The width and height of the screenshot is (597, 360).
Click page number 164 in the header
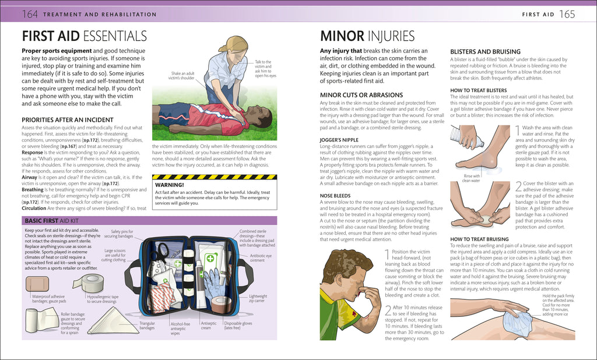pyautogui.click(x=30, y=13)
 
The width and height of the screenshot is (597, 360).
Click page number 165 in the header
pyautogui.click(x=568, y=13)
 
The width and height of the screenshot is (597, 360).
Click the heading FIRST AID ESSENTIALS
pyautogui.click(x=84, y=37)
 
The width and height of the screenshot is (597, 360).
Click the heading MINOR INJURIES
pyautogui.click(x=367, y=37)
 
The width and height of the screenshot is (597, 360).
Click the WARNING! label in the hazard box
pyautogui.click(x=169, y=185)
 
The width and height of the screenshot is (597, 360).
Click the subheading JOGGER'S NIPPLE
pyautogui.click(x=340, y=140)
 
